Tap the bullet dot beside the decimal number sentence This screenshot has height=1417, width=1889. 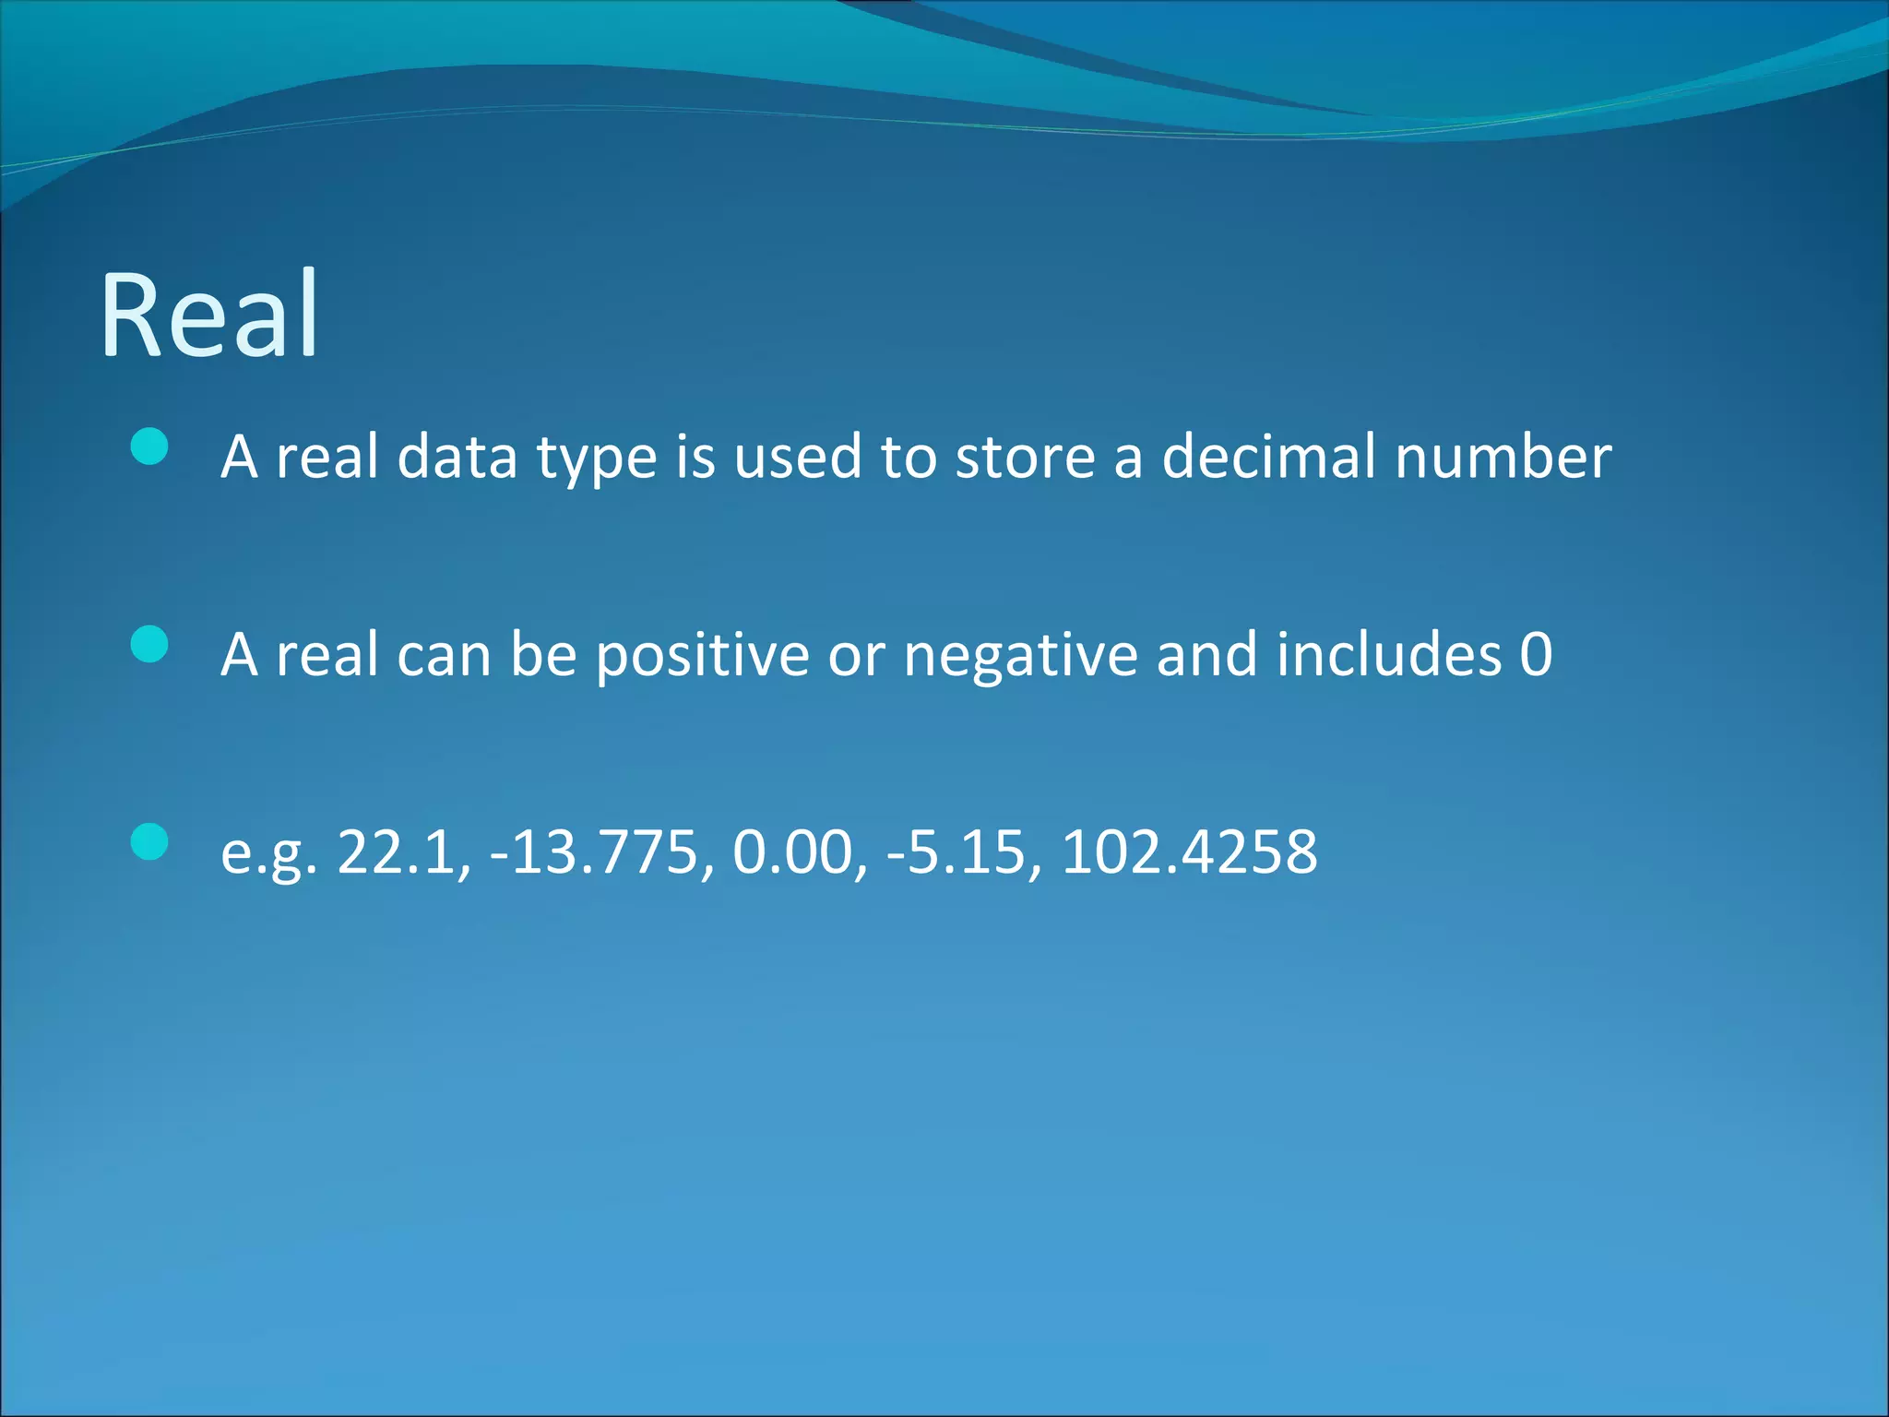[149, 447]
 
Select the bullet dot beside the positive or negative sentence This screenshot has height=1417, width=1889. [149, 645]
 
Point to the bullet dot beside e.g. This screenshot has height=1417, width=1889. [149, 841]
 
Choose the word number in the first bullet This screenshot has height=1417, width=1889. [1503, 457]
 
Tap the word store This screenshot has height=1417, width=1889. [1024, 457]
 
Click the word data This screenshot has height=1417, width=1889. [457, 457]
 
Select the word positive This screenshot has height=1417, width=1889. [702, 655]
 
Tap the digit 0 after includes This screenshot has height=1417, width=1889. [1536, 655]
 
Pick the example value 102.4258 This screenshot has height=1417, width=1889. [1190, 851]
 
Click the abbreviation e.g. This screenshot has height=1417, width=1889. [268, 853]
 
